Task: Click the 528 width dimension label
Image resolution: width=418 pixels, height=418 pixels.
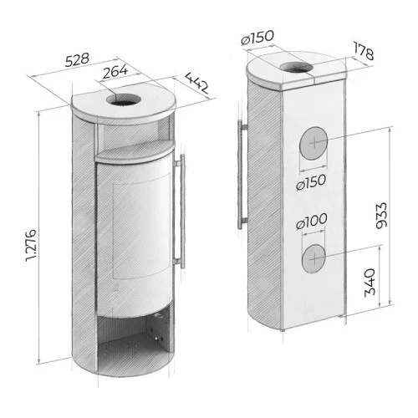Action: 77,59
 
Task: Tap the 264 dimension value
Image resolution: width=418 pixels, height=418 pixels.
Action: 115,71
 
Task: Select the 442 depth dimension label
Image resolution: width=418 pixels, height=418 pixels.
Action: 196,83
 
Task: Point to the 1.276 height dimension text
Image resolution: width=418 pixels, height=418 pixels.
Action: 31,245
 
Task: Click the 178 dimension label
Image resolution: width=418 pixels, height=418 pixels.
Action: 364,51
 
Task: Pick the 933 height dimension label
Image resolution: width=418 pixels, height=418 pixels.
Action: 381,216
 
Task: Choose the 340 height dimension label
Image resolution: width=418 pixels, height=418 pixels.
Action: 370,282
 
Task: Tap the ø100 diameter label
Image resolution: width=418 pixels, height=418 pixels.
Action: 312,222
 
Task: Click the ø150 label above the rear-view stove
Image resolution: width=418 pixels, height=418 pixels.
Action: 257,38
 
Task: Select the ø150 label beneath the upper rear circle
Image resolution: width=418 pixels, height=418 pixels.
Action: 311,182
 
